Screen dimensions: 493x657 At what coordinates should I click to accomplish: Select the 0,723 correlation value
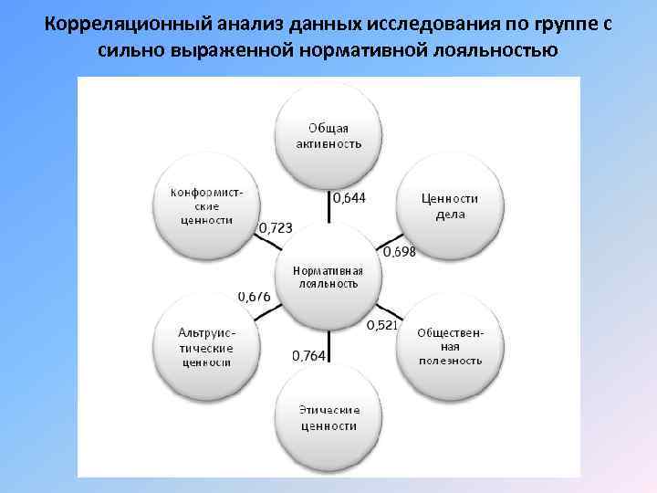click(276, 226)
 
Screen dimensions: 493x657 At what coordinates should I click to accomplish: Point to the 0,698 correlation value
click(399, 252)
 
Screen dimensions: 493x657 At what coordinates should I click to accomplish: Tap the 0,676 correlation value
click(254, 296)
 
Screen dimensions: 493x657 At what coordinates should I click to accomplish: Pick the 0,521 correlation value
click(381, 325)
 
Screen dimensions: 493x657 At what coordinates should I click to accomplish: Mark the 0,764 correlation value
click(309, 355)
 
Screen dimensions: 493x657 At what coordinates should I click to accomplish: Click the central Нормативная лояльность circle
click(328, 277)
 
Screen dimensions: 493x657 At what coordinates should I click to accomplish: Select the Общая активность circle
click(328, 136)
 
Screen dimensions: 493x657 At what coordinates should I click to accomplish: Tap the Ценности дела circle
click(449, 206)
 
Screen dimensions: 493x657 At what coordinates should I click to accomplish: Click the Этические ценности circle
click(328, 417)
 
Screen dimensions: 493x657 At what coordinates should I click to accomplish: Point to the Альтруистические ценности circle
click(207, 348)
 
